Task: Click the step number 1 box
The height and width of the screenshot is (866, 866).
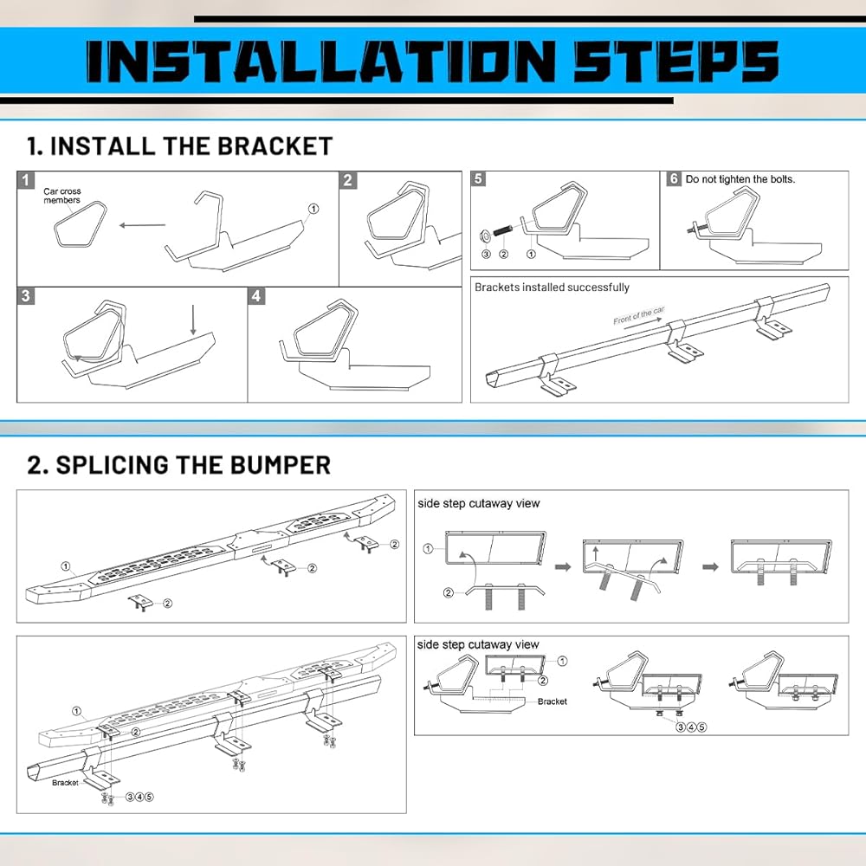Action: (27, 180)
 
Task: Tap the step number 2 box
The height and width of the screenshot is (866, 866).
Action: (348, 180)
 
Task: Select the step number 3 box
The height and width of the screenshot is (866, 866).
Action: (27, 296)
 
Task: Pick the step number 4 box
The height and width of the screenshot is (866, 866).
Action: (256, 296)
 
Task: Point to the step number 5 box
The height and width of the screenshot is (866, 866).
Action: (479, 179)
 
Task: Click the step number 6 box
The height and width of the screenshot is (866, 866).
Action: (674, 179)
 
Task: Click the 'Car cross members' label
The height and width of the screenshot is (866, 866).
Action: (61, 196)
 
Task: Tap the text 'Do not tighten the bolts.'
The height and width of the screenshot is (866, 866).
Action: (740, 179)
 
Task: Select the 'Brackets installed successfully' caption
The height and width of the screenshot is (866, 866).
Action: (552, 288)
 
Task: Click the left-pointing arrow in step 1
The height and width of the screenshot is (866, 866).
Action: (142, 226)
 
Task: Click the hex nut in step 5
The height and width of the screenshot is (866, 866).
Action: (486, 234)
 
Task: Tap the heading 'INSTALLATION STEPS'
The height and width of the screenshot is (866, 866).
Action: (432, 62)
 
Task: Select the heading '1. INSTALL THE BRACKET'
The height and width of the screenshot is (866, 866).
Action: (179, 145)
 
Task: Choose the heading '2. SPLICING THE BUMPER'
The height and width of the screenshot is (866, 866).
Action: (178, 465)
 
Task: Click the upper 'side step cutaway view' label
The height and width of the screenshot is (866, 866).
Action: (478, 503)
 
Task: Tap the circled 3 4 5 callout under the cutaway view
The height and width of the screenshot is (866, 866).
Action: (691, 727)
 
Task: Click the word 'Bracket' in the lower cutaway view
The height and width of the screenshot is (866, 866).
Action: (552, 701)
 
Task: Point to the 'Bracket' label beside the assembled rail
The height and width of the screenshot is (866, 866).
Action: (65, 783)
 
